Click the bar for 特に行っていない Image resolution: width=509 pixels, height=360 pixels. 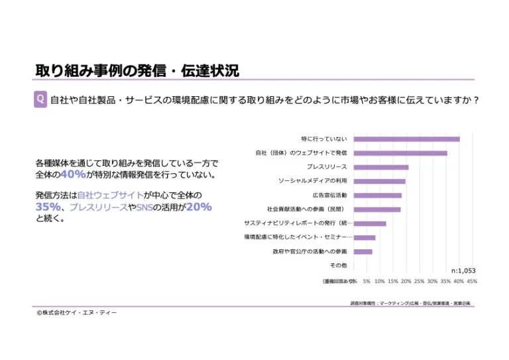tap(406, 139)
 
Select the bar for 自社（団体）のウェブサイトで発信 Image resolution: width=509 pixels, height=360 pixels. tap(400, 153)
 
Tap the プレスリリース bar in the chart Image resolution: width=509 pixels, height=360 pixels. tap(381, 167)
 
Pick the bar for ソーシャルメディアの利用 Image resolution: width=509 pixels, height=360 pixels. tap(379, 181)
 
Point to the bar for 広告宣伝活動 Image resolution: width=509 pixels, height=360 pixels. tap(377, 196)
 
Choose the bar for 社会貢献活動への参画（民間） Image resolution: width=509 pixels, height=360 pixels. tap(376, 210)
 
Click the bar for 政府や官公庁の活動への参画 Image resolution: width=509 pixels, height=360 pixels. tap(363, 252)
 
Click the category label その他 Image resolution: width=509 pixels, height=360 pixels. tap(338, 265)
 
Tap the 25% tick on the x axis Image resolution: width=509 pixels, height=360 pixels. tap(419, 281)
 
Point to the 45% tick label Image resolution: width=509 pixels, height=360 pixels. tap(472, 281)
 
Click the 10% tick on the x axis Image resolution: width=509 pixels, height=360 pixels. tap(380, 281)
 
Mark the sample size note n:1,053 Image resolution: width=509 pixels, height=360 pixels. tap(463, 270)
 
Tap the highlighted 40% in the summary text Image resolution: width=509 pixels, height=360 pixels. tap(73, 175)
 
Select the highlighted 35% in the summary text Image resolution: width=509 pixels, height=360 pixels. tap(48, 207)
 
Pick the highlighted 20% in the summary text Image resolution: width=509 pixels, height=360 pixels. tap(198, 207)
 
